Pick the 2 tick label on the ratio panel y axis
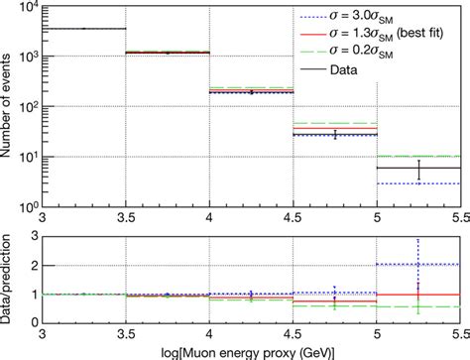[32, 265]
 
